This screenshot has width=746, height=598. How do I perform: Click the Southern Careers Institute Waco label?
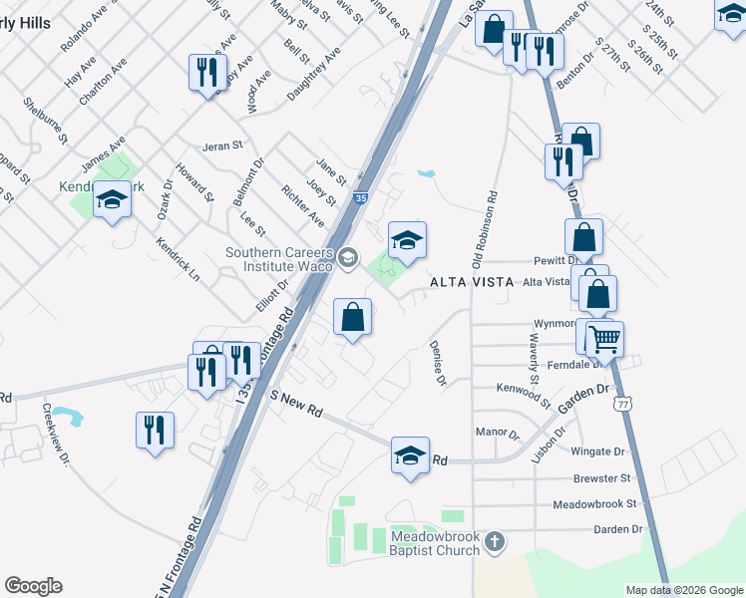pos(279,259)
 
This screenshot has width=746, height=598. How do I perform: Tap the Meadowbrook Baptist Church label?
pos(434,542)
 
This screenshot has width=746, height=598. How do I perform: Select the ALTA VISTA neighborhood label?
pos(471,283)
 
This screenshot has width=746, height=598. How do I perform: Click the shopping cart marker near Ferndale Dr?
pos(604,338)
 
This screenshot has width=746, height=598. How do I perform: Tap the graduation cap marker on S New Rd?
pos(410,455)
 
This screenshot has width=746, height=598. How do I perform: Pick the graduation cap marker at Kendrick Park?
pos(113,200)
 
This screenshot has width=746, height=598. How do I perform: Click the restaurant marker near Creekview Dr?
pos(155,430)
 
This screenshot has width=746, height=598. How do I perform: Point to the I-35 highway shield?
pos(361,199)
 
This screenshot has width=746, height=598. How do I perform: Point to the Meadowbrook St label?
pos(594,504)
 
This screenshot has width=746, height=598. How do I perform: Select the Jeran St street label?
pos(222,146)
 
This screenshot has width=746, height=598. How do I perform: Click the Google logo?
pos(33,586)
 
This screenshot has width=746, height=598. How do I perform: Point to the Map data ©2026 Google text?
pos(683,590)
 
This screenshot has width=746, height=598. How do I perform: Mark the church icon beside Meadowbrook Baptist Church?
pos(495,542)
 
